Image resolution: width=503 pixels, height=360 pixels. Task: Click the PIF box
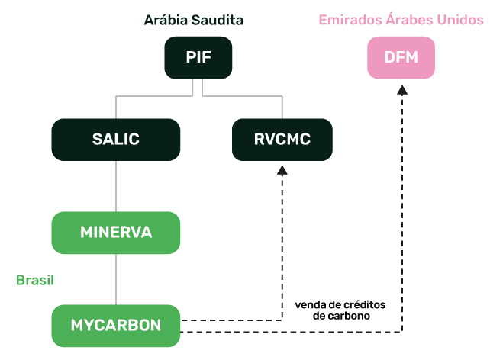(x=198, y=57)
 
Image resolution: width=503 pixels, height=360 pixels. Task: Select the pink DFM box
(x=401, y=57)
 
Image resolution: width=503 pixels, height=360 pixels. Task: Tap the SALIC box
(x=115, y=139)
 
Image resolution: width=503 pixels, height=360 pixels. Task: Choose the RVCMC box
(x=282, y=139)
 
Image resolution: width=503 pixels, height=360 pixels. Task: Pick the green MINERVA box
(x=115, y=233)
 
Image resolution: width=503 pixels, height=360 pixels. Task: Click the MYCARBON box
(x=115, y=325)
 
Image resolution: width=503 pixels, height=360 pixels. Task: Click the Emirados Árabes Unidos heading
(x=401, y=19)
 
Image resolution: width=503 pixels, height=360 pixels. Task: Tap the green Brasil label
(x=35, y=280)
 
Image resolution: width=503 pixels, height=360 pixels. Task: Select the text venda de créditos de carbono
(x=340, y=310)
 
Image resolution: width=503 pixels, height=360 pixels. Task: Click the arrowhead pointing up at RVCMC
(x=282, y=171)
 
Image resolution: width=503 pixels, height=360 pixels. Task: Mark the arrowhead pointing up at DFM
(x=403, y=90)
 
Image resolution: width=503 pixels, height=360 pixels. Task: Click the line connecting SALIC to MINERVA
(x=115, y=185)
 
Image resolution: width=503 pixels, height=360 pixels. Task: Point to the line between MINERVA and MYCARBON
(x=115, y=279)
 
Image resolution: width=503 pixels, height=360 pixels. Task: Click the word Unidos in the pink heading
(x=461, y=19)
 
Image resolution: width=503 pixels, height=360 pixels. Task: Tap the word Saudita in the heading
(x=226, y=19)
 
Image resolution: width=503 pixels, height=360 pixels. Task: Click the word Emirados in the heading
(x=348, y=19)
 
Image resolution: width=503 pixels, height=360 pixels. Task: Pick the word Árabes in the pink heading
(x=408, y=19)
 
